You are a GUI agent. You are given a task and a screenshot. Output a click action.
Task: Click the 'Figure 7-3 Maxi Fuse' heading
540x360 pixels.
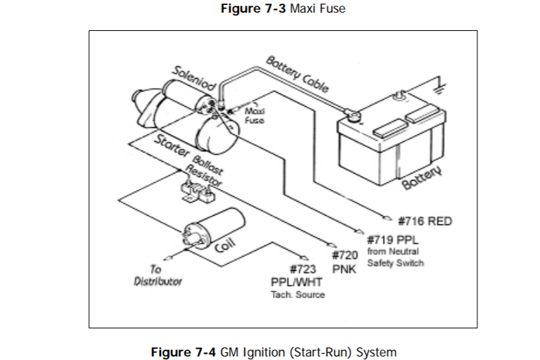[x=283, y=10]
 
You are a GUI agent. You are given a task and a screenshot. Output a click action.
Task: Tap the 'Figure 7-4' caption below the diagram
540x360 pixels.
[x=274, y=352]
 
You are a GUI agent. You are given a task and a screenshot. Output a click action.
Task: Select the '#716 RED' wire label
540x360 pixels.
[x=425, y=221]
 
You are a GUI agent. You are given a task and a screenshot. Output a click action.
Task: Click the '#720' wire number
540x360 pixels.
[x=345, y=255]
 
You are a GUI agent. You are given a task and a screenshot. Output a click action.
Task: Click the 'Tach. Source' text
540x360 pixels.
[x=298, y=295]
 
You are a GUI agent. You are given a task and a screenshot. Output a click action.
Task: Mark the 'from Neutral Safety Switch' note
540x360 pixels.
[x=396, y=257]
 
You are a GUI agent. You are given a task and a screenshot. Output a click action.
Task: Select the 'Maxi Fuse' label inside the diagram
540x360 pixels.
[x=254, y=115]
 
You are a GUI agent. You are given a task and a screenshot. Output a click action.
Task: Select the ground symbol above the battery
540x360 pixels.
[x=441, y=83]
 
